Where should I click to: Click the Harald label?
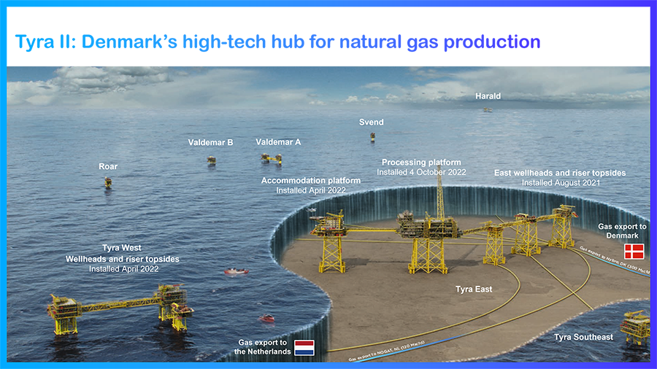click(488, 96)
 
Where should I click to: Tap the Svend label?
click(371, 122)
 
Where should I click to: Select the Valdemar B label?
click(210, 142)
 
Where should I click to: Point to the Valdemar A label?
click(278, 142)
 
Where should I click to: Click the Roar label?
click(108, 167)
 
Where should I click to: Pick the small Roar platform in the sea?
click(108, 182)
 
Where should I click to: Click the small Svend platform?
click(372, 137)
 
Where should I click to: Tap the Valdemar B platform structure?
click(211, 160)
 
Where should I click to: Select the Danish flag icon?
click(633, 252)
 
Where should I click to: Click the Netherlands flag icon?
click(303, 347)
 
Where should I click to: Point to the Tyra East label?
click(474, 290)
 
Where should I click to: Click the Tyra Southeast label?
click(583, 337)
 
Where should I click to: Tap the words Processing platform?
click(421, 163)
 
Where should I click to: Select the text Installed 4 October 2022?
click(421, 172)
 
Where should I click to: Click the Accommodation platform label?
click(311, 181)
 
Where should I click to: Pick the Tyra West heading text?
click(122, 249)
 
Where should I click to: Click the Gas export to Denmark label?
click(622, 232)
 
